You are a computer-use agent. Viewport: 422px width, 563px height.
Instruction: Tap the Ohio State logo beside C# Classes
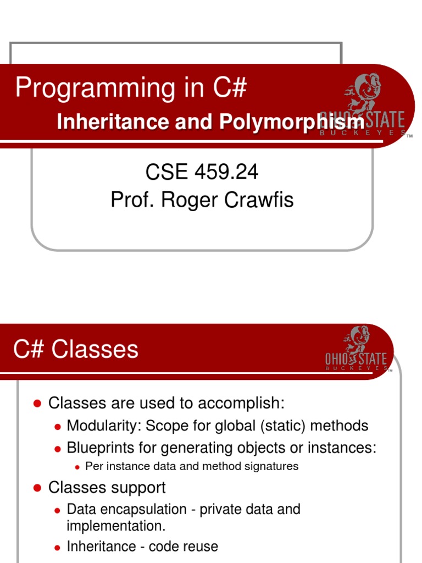356,350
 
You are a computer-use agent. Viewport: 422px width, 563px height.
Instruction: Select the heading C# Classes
76,350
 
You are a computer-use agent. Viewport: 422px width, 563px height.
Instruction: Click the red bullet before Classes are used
37,403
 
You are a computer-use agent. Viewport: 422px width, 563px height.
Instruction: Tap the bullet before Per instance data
77,467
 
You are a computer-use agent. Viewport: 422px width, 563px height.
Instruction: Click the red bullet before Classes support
37,488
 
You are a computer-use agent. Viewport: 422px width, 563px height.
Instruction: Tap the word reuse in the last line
200,547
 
